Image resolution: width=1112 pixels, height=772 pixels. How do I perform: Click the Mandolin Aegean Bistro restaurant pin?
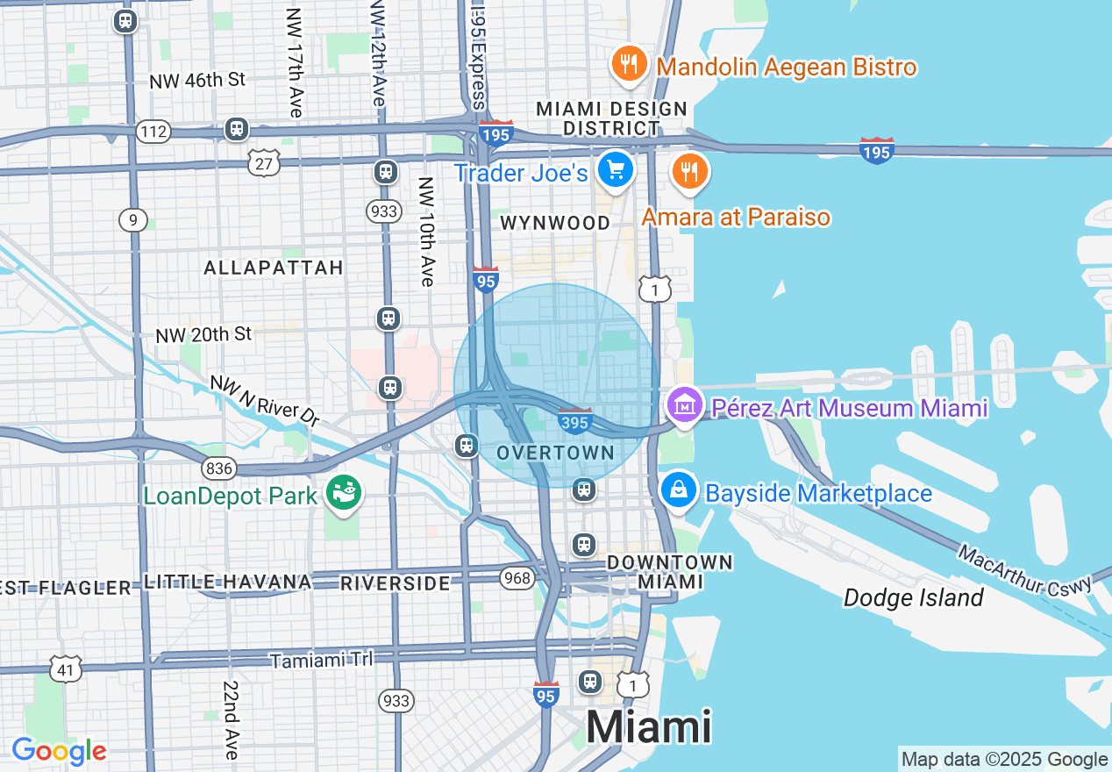tap(628, 65)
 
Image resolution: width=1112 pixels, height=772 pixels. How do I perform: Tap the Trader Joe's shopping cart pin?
tap(616, 169)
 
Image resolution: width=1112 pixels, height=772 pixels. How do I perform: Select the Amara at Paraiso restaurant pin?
tap(690, 170)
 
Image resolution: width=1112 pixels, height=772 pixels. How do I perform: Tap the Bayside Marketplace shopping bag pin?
tap(679, 490)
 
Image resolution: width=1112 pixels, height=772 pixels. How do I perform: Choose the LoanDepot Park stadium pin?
tap(342, 493)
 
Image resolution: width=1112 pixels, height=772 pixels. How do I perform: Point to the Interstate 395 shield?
tap(574, 421)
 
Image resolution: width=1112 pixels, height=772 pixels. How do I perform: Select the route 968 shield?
tap(517, 577)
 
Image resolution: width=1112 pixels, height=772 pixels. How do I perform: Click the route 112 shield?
tap(153, 132)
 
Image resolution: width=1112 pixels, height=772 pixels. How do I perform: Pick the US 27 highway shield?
tap(263, 161)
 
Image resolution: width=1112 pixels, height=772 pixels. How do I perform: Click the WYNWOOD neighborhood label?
tap(554, 223)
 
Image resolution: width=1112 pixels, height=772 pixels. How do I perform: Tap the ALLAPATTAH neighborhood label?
tap(274, 268)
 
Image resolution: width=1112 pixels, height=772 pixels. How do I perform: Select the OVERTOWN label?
tap(555, 453)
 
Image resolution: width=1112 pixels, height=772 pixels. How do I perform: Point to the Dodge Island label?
tap(913, 598)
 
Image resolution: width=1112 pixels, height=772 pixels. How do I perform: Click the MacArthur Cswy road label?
tap(1023, 570)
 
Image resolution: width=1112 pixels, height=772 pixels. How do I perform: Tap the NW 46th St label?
tap(197, 81)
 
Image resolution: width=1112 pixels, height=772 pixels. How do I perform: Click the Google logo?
tap(59, 751)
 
